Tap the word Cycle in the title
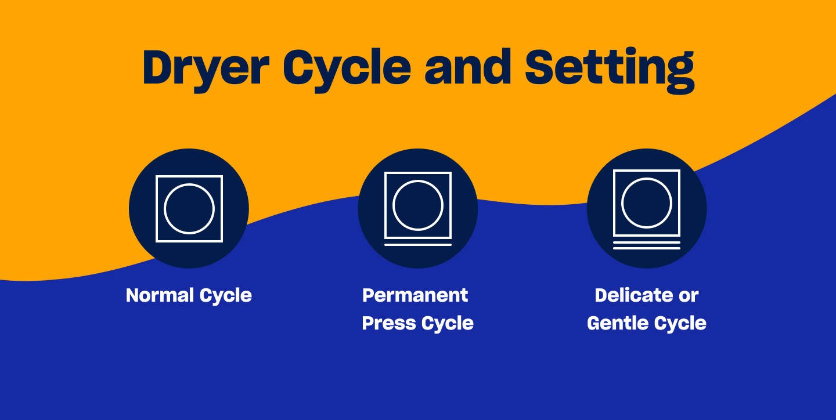click(x=347, y=68)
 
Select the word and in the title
click(x=468, y=68)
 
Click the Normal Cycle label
click(x=189, y=295)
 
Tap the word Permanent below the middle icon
click(x=415, y=295)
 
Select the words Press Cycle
click(x=417, y=323)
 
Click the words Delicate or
click(x=646, y=295)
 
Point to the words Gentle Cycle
click(x=646, y=323)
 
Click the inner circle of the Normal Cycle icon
click(x=189, y=208)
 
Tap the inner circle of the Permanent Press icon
click(x=418, y=205)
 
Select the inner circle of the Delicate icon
click(x=647, y=202)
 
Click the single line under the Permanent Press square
click(x=418, y=245)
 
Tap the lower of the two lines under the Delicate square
click(x=647, y=248)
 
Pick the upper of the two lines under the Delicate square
click(x=647, y=242)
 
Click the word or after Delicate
click(x=689, y=296)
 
